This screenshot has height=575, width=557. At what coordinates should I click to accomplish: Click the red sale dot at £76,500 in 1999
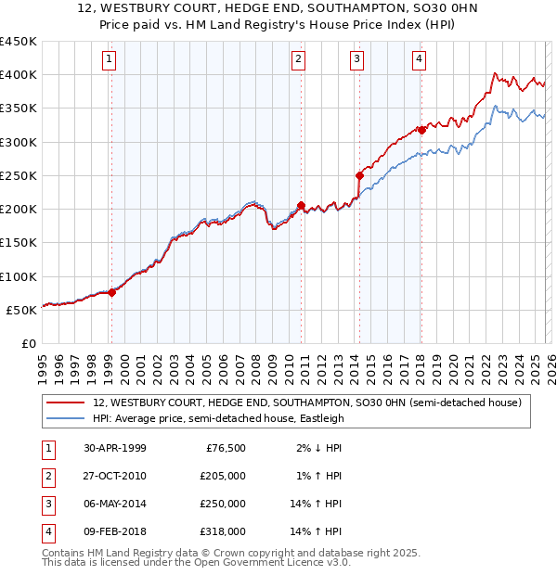pos(112,292)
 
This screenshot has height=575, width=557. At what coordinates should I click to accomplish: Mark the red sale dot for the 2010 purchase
pos(301,205)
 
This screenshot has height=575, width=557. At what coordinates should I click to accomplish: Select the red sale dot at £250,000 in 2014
pos(359,174)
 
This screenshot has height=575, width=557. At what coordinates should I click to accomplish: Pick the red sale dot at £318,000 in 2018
pos(421,130)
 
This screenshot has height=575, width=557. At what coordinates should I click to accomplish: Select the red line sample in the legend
pos(65,402)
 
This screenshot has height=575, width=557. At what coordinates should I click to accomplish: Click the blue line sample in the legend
pos(65,418)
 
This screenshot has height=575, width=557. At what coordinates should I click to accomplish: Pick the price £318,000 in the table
pos(223,531)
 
